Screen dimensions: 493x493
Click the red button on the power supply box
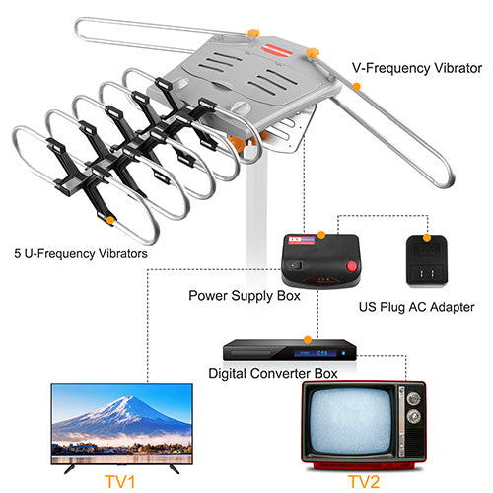352,265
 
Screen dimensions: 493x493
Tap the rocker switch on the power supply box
298,264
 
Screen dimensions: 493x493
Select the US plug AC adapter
427,261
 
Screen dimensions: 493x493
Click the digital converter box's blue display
316,353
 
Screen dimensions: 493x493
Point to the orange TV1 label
120,482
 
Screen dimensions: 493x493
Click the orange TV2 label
364,482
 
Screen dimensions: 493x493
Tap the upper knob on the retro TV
413,398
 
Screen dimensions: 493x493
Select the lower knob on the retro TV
413,417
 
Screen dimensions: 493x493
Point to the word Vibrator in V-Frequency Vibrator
458,68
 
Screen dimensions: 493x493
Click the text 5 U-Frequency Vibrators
81,253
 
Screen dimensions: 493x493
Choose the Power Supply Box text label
245,296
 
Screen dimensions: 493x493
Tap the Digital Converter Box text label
273,374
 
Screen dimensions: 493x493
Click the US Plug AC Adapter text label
416,307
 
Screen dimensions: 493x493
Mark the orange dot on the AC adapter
427,238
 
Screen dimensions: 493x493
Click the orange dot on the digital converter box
308,340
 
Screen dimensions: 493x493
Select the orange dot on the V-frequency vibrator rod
356,87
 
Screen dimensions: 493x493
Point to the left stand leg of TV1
70,469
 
